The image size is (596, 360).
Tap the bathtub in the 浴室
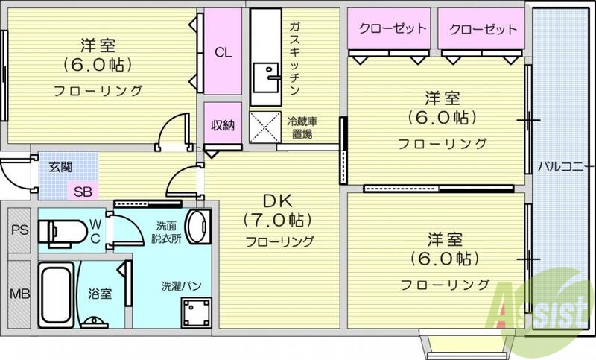pos(57,292)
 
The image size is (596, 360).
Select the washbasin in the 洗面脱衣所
pos(197,227)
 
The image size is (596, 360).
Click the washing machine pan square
pos(197,312)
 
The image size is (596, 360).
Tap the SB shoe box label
pos(83,192)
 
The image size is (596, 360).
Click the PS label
pos(19,230)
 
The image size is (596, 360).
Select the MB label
pos(19,294)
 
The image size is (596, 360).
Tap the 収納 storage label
pos(223,125)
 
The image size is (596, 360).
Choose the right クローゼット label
pos(482,29)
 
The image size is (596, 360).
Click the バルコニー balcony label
pos(565,165)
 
